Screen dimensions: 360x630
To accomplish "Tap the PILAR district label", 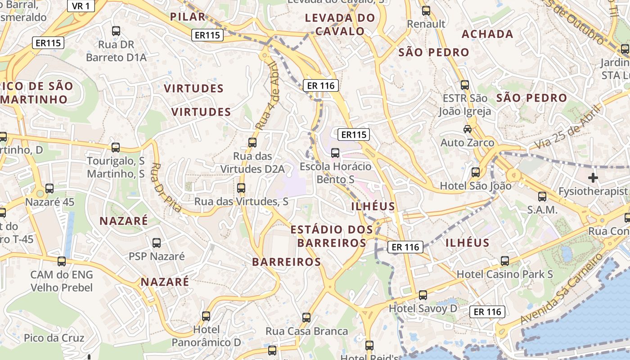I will (188, 17).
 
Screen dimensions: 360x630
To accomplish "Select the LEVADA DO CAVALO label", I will (340, 24).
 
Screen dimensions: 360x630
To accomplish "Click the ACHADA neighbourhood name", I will (487, 34).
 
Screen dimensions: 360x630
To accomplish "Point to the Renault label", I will (426, 24).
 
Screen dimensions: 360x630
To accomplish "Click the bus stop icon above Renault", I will (426, 10).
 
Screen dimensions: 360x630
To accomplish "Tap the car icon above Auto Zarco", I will (468, 129).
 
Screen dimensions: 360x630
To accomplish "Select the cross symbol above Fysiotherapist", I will (593, 178).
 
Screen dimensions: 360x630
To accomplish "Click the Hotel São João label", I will (475, 186).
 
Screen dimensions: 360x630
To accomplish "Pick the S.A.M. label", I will (542, 210).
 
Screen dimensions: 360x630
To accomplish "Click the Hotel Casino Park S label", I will (504, 274).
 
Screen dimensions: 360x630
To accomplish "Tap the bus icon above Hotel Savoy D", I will (423, 295).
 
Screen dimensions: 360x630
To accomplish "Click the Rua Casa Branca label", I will (306, 331).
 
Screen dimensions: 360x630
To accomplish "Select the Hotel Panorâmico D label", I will (206, 336).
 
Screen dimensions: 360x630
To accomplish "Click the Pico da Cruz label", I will (54, 338).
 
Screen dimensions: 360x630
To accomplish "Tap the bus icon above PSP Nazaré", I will (157, 243).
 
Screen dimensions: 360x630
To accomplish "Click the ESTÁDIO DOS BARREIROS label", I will (332, 236).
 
